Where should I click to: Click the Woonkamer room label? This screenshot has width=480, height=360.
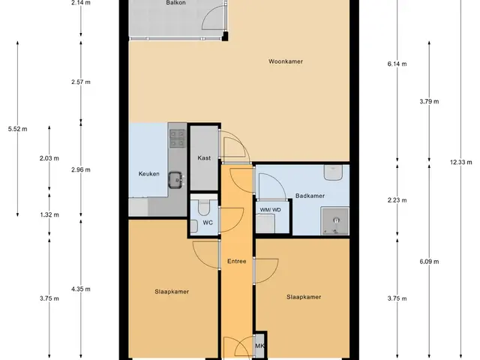tap(286, 61)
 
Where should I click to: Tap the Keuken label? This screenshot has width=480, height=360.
tap(148, 174)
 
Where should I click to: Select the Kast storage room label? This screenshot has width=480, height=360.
tap(204, 158)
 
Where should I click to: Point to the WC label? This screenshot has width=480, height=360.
tap(208, 223)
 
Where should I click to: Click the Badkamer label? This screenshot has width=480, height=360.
tap(310, 196)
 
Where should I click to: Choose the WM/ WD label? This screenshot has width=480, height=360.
tap(270, 210)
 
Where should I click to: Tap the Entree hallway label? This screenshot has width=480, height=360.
tap(237, 261)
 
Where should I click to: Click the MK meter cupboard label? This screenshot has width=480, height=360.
tap(259, 346)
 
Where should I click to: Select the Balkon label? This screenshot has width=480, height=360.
tap(175, 3)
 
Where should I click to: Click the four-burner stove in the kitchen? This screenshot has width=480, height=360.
tap(177, 138)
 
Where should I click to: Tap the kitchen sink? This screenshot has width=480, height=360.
tap(175, 180)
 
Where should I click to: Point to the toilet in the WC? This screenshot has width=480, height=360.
tap(204, 207)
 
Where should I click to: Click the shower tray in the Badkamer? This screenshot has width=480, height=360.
tap(335, 221)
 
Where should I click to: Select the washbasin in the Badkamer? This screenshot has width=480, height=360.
tap(333, 172)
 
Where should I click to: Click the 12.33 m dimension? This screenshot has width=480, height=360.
tap(460, 162)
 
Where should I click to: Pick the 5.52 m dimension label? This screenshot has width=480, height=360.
tap(17, 129)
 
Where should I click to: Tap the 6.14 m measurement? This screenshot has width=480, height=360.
tap(397, 64)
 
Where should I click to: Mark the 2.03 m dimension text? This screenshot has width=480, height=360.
tap(49, 158)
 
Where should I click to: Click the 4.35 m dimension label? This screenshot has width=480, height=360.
tap(81, 289)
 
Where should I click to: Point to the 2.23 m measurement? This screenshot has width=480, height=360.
tap(397, 200)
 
